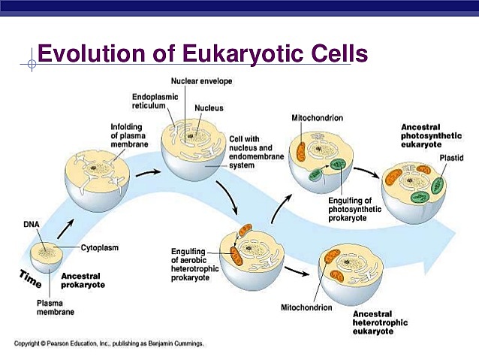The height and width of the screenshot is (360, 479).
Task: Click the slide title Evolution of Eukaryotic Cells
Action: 203,54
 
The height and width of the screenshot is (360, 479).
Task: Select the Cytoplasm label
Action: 100,247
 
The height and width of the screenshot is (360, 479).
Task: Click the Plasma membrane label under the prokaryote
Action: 55,306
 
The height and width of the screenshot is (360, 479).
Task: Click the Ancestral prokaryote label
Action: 83,280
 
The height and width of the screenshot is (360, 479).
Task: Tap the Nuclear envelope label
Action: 201,80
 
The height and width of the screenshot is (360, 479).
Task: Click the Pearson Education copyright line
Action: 109,343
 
